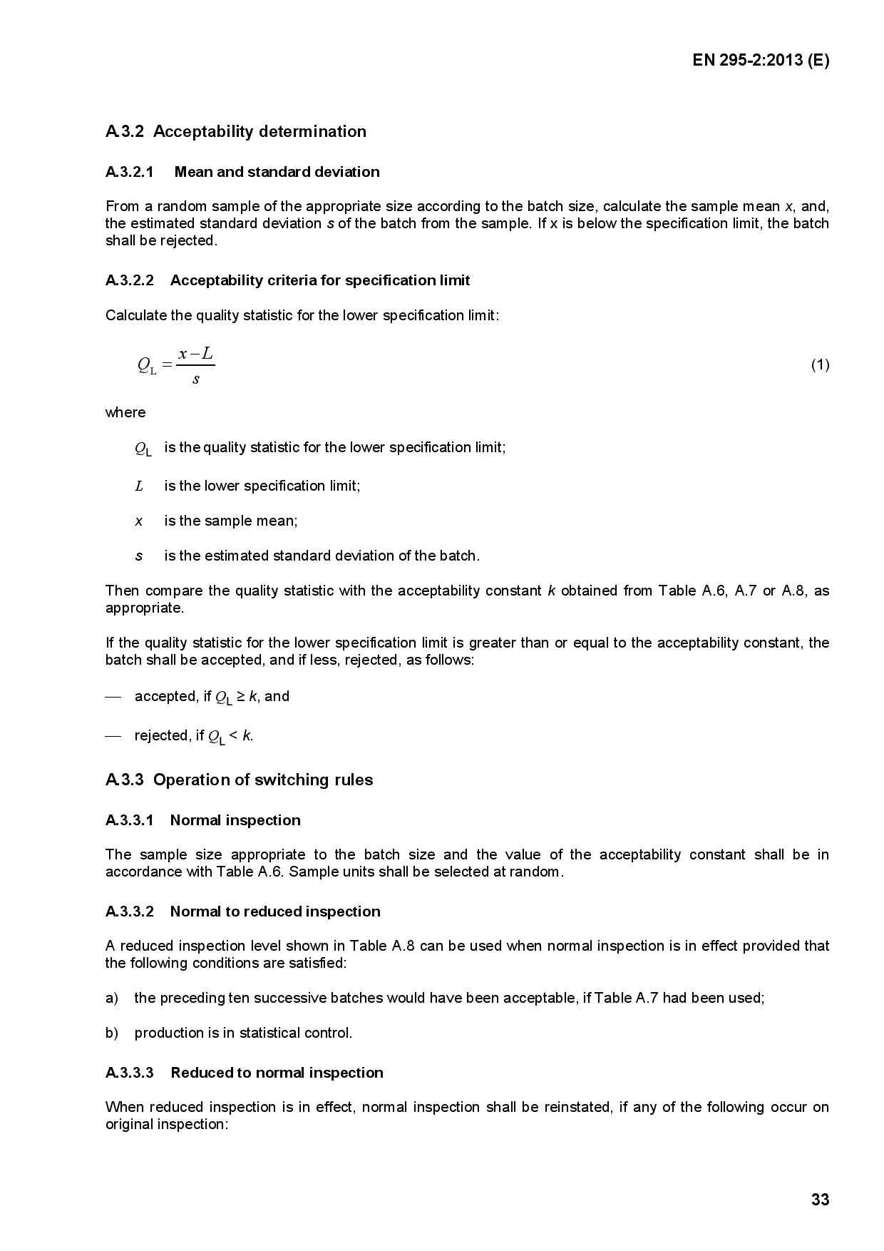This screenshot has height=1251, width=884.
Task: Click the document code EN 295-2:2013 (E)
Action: click(x=760, y=61)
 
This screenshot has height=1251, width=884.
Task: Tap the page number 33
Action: click(x=820, y=1200)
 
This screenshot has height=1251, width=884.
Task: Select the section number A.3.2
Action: click(x=125, y=132)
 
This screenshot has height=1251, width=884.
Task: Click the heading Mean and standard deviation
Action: click(x=277, y=172)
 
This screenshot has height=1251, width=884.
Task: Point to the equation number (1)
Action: click(x=820, y=365)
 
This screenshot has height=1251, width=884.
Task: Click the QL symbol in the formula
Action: click(x=146, y=366)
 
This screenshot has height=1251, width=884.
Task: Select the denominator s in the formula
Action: click(x=196, y=379)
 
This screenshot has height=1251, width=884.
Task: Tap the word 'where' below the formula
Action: click(x=125, y=412)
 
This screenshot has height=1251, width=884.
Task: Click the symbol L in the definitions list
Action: click(x=139, y=486)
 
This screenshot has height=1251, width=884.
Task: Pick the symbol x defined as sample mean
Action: click(x=139, y=521)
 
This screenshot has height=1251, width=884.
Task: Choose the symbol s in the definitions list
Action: click(x=139, y=556)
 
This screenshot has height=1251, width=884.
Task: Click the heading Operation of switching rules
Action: click(x=263, y=780)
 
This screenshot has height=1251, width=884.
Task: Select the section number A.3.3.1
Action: click(x=129, y=820)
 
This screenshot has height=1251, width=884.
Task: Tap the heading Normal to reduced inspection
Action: click(x=275, y=912)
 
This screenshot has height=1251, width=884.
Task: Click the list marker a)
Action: click(x=112, y=998)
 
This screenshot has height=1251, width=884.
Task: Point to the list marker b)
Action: click(x=112, y=1033)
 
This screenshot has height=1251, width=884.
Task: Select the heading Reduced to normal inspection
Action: click(x=277, y=1073)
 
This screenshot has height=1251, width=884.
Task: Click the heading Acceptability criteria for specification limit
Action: click(x=320, y=280)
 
